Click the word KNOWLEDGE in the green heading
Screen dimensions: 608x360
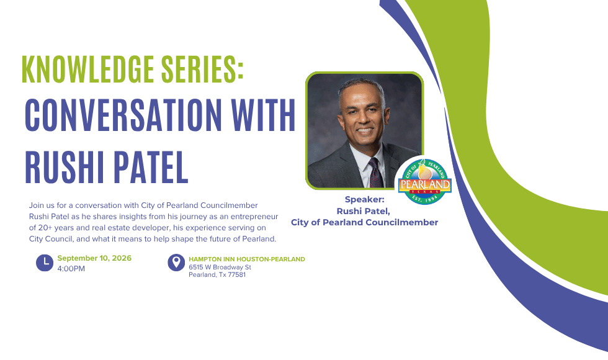(87, 69)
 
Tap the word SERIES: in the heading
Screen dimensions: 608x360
(202, 69)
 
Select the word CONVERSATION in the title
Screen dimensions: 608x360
(123, 115)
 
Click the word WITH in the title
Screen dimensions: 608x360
(264, 115)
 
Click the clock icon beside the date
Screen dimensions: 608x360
(45, 263)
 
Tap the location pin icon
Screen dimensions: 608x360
(176, 263)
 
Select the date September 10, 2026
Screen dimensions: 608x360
(94, 258)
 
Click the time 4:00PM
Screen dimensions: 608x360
(71, 269)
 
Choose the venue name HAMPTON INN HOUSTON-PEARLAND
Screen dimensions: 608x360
(247, 259)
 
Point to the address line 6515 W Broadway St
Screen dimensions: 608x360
(220, 268)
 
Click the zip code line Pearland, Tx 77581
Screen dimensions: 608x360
(217, 274)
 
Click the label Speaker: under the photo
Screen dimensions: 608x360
(365, 199)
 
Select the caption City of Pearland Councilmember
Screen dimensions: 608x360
(365, 222)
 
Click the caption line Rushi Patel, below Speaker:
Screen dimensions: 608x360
(363, 212)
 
